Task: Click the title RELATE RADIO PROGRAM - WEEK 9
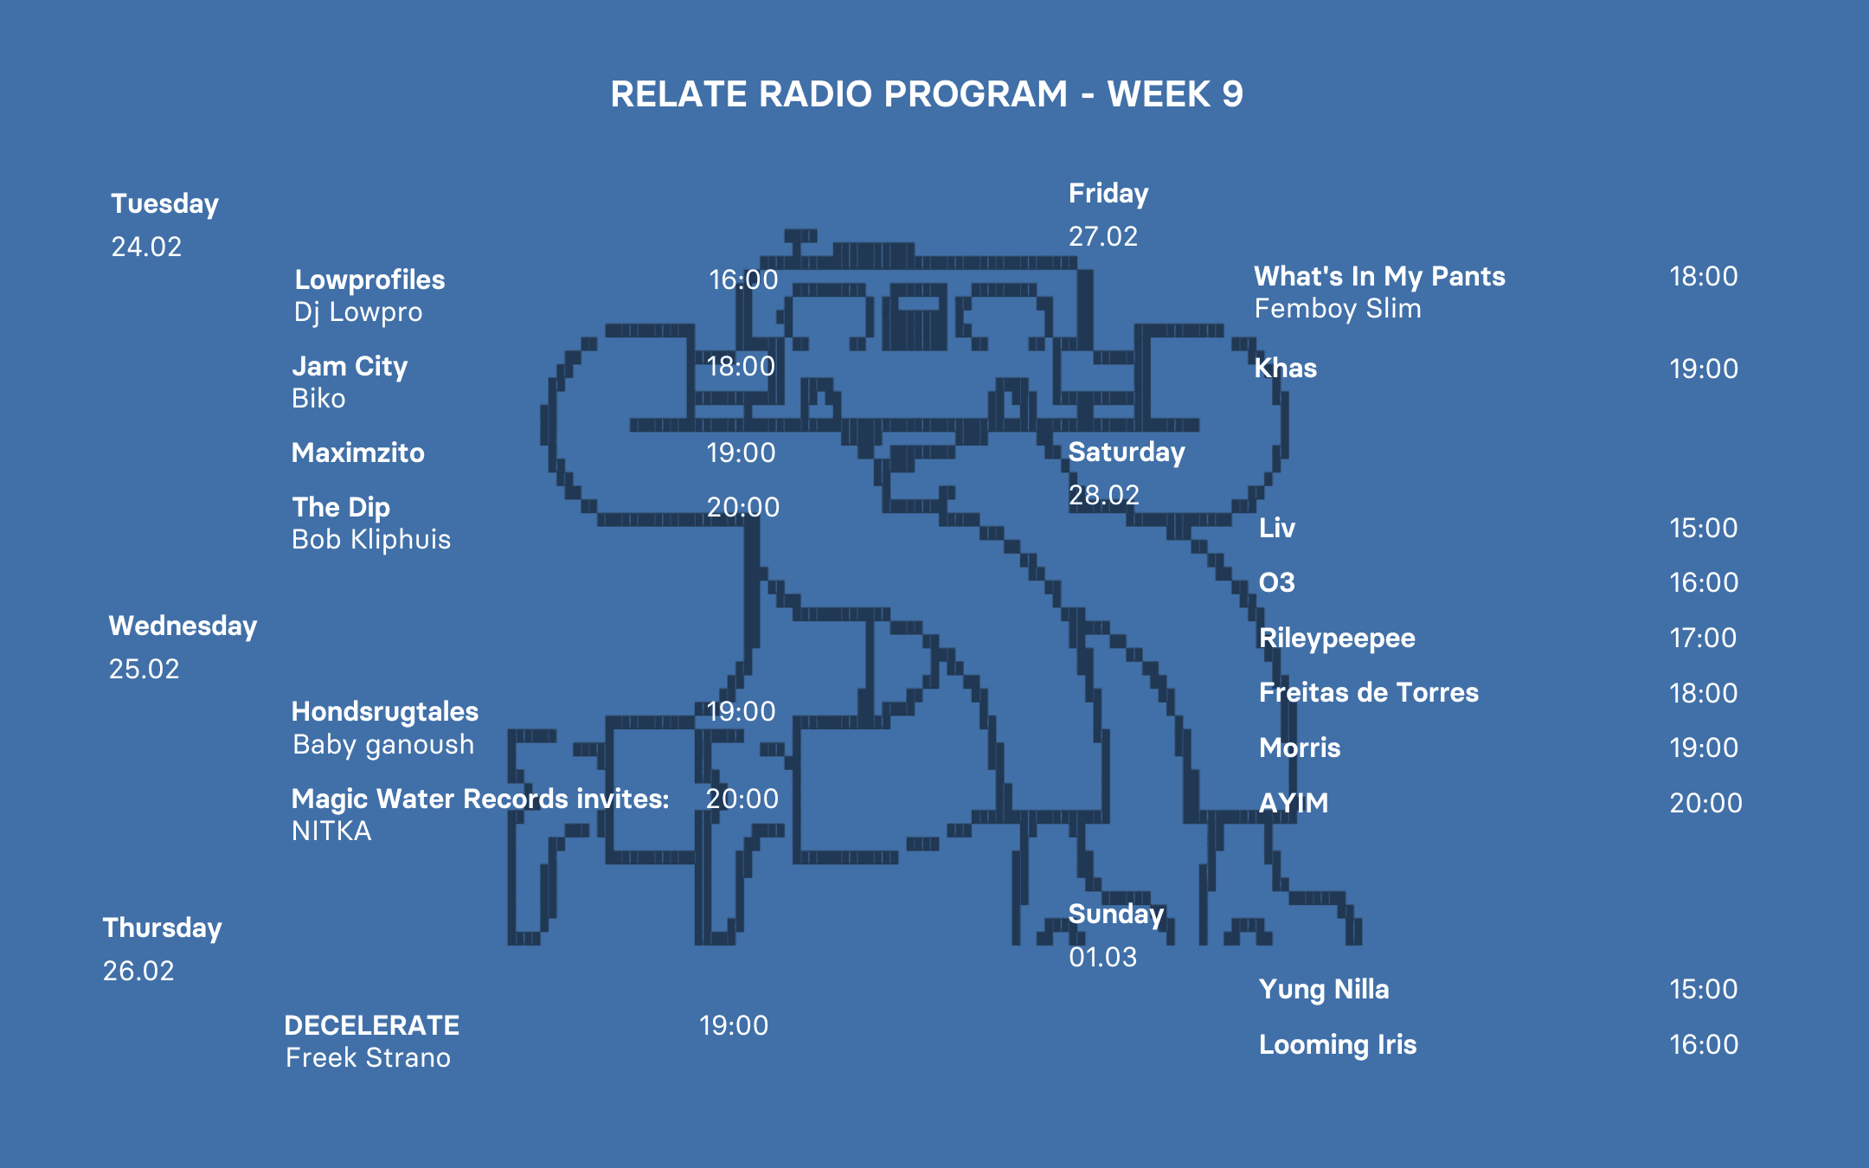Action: pos(927,94)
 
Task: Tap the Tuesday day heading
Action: pos(164,204)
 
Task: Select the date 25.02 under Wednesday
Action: pos(144,669)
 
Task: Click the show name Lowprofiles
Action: pos(369,279)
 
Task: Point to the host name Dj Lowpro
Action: pos(358,312)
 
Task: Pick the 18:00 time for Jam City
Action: pos(741,366)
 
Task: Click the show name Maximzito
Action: pos(358,452)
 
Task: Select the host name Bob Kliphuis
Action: pos(371,540)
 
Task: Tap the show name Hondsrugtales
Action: pos(385,711)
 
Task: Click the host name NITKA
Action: pos(331,831)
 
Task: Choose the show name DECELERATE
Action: pos(372,1025)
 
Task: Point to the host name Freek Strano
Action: pos(368,1058)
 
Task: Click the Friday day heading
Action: pos(1108,194)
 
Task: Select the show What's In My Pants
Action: pos(1379,276)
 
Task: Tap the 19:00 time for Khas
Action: pos(1703,369)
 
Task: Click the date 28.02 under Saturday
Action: pos(1103,495)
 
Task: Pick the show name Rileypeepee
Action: pos(1337,638)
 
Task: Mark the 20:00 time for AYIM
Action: pos(1705,803)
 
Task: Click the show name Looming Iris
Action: pos(1338,1044)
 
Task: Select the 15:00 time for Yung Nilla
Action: pos(1703,989)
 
